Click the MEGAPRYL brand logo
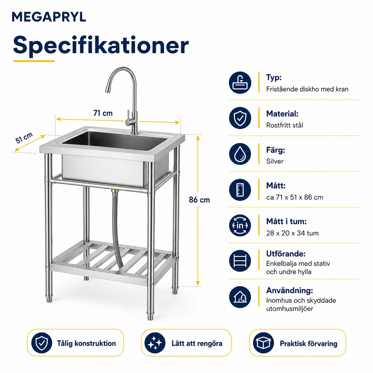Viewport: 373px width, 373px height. coord(49,17)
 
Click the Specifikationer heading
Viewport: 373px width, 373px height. coord(101,46)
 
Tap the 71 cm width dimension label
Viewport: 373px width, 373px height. coord(103,113)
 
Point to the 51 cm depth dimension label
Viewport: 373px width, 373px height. coord(24,138)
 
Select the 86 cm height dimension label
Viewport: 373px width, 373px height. coord(199,200)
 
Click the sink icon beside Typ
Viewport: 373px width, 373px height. coord(240,83)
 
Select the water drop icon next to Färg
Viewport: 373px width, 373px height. coord(240,154)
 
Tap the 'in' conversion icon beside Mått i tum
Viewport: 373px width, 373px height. coord(240,225)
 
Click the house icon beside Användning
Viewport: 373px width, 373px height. coord(240,297)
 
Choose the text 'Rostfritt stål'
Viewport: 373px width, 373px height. coord(285,125)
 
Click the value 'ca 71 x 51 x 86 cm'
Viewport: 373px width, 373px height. coord(294,197)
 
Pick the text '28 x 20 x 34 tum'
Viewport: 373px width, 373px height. coord(292,233)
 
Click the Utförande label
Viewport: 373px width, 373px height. coord(286,254)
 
